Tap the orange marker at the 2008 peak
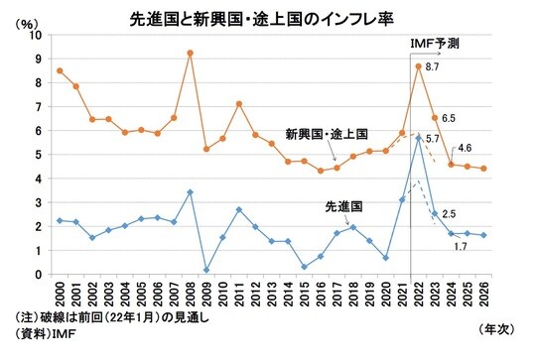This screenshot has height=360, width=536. (190, 53)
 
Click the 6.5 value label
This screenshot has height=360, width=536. (449, 118)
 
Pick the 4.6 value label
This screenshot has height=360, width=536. (465, 148)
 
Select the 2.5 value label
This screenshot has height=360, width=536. (449, 213)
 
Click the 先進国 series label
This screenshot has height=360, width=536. (341, 206)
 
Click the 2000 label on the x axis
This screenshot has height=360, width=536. (61, 294)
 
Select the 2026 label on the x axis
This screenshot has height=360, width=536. (482, 294)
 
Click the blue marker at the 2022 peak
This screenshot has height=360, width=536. (419, 137)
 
